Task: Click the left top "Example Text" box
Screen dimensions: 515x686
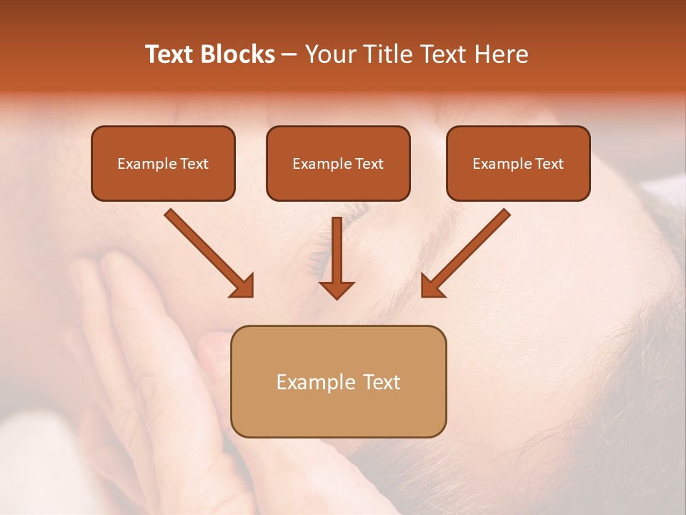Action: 163,163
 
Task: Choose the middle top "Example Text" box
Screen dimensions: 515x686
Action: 338,163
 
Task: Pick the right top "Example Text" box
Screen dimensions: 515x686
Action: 518,163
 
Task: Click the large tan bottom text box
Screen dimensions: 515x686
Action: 338,381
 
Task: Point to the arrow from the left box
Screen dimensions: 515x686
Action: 207,252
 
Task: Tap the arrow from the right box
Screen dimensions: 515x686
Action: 467,252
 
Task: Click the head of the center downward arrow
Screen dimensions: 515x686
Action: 337,289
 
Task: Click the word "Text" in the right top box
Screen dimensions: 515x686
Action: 549,164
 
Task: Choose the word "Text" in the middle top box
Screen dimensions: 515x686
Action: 369,164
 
